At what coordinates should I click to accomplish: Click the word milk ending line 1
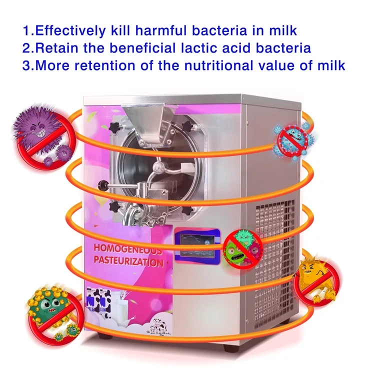click(x=282, y=30)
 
